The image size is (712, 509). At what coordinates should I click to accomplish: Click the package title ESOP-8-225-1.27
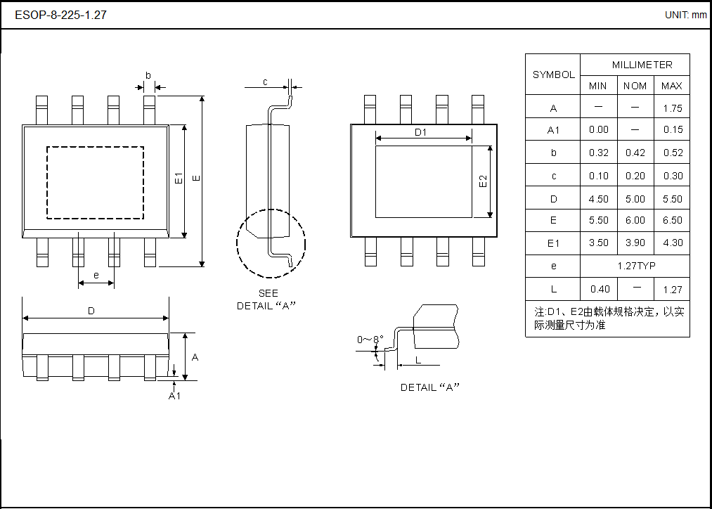pos(60,15)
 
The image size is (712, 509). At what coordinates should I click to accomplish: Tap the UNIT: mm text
pos(685,15)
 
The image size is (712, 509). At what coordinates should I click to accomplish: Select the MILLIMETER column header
pos(642,65)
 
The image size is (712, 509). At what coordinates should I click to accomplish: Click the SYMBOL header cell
pos(553,75)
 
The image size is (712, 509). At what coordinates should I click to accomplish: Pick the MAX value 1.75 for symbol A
pos(672,108)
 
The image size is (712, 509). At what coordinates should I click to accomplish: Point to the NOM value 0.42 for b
pos(635,153)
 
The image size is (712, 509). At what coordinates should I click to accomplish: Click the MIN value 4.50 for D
pos(598,199)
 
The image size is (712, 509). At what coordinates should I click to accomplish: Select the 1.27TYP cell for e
pos(635,266)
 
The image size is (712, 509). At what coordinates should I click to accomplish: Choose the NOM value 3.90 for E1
pos(635,243)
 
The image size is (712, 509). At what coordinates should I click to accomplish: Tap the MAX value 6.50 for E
pos(672,220)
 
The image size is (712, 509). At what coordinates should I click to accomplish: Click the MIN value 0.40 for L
pos(598,289)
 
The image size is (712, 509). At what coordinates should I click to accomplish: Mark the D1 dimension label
pos(420,132)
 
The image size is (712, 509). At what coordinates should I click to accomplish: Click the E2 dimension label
pos(483,181)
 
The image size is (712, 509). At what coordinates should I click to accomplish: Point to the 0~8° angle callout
pos(370,340)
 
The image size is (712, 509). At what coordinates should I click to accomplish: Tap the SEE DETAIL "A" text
pos(267,299)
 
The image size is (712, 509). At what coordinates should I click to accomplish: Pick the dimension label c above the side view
pos(265,82)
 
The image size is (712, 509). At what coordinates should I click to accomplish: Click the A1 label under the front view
pos(174,396)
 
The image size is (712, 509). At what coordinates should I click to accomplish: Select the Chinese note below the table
pos(608,318)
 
